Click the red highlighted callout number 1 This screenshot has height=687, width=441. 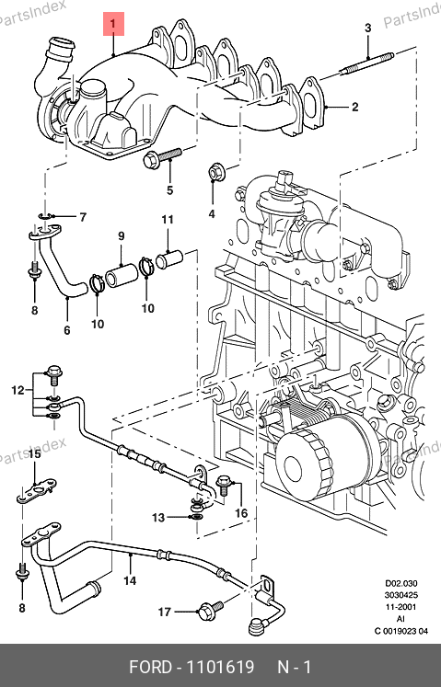coord(113,24)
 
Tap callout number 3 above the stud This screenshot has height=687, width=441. coord(367,28)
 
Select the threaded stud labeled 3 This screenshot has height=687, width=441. coord(366,64)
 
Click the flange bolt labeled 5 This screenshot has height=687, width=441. coord(163,157)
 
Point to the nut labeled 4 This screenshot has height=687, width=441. coord(215,171)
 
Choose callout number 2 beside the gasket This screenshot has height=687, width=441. coord(354,107)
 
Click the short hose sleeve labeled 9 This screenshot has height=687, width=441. coord(122,274)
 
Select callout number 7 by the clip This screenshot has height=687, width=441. coord(83,217)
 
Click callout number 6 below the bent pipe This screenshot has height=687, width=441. coord(66,329)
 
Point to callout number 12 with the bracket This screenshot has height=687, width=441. coord(17,390)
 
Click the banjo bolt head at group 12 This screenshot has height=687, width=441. coord(54,374)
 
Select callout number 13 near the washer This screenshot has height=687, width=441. coord(158,518)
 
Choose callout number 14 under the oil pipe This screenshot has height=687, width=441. coord(130,580)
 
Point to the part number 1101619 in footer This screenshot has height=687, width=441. coord(221,667)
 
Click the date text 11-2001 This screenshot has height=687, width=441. coord(401,607)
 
